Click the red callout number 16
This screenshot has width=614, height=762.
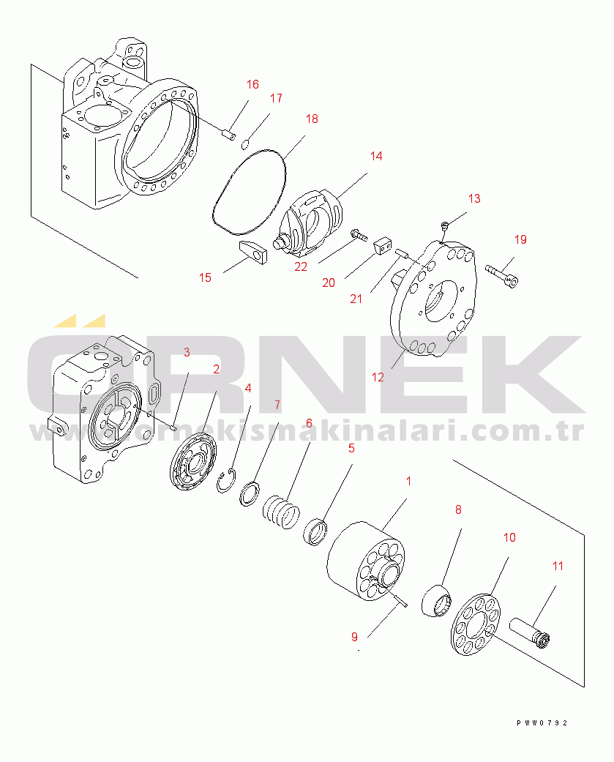(x=252, y=85)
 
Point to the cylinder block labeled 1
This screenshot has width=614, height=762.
(x=366, y=561)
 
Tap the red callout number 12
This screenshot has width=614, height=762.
(x=378, y=377)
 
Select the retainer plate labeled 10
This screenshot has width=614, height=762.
(x=476, y=624)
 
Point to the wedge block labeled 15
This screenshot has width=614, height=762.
(x=252, y=251)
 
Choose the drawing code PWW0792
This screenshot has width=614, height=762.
(x=542, y=723)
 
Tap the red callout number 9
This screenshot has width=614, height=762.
(x=355, y=637)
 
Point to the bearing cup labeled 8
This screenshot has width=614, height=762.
(x=436, y=601)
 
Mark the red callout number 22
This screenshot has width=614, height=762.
(x=301, y=266)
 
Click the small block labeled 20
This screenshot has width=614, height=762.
(x=383, y=246)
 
